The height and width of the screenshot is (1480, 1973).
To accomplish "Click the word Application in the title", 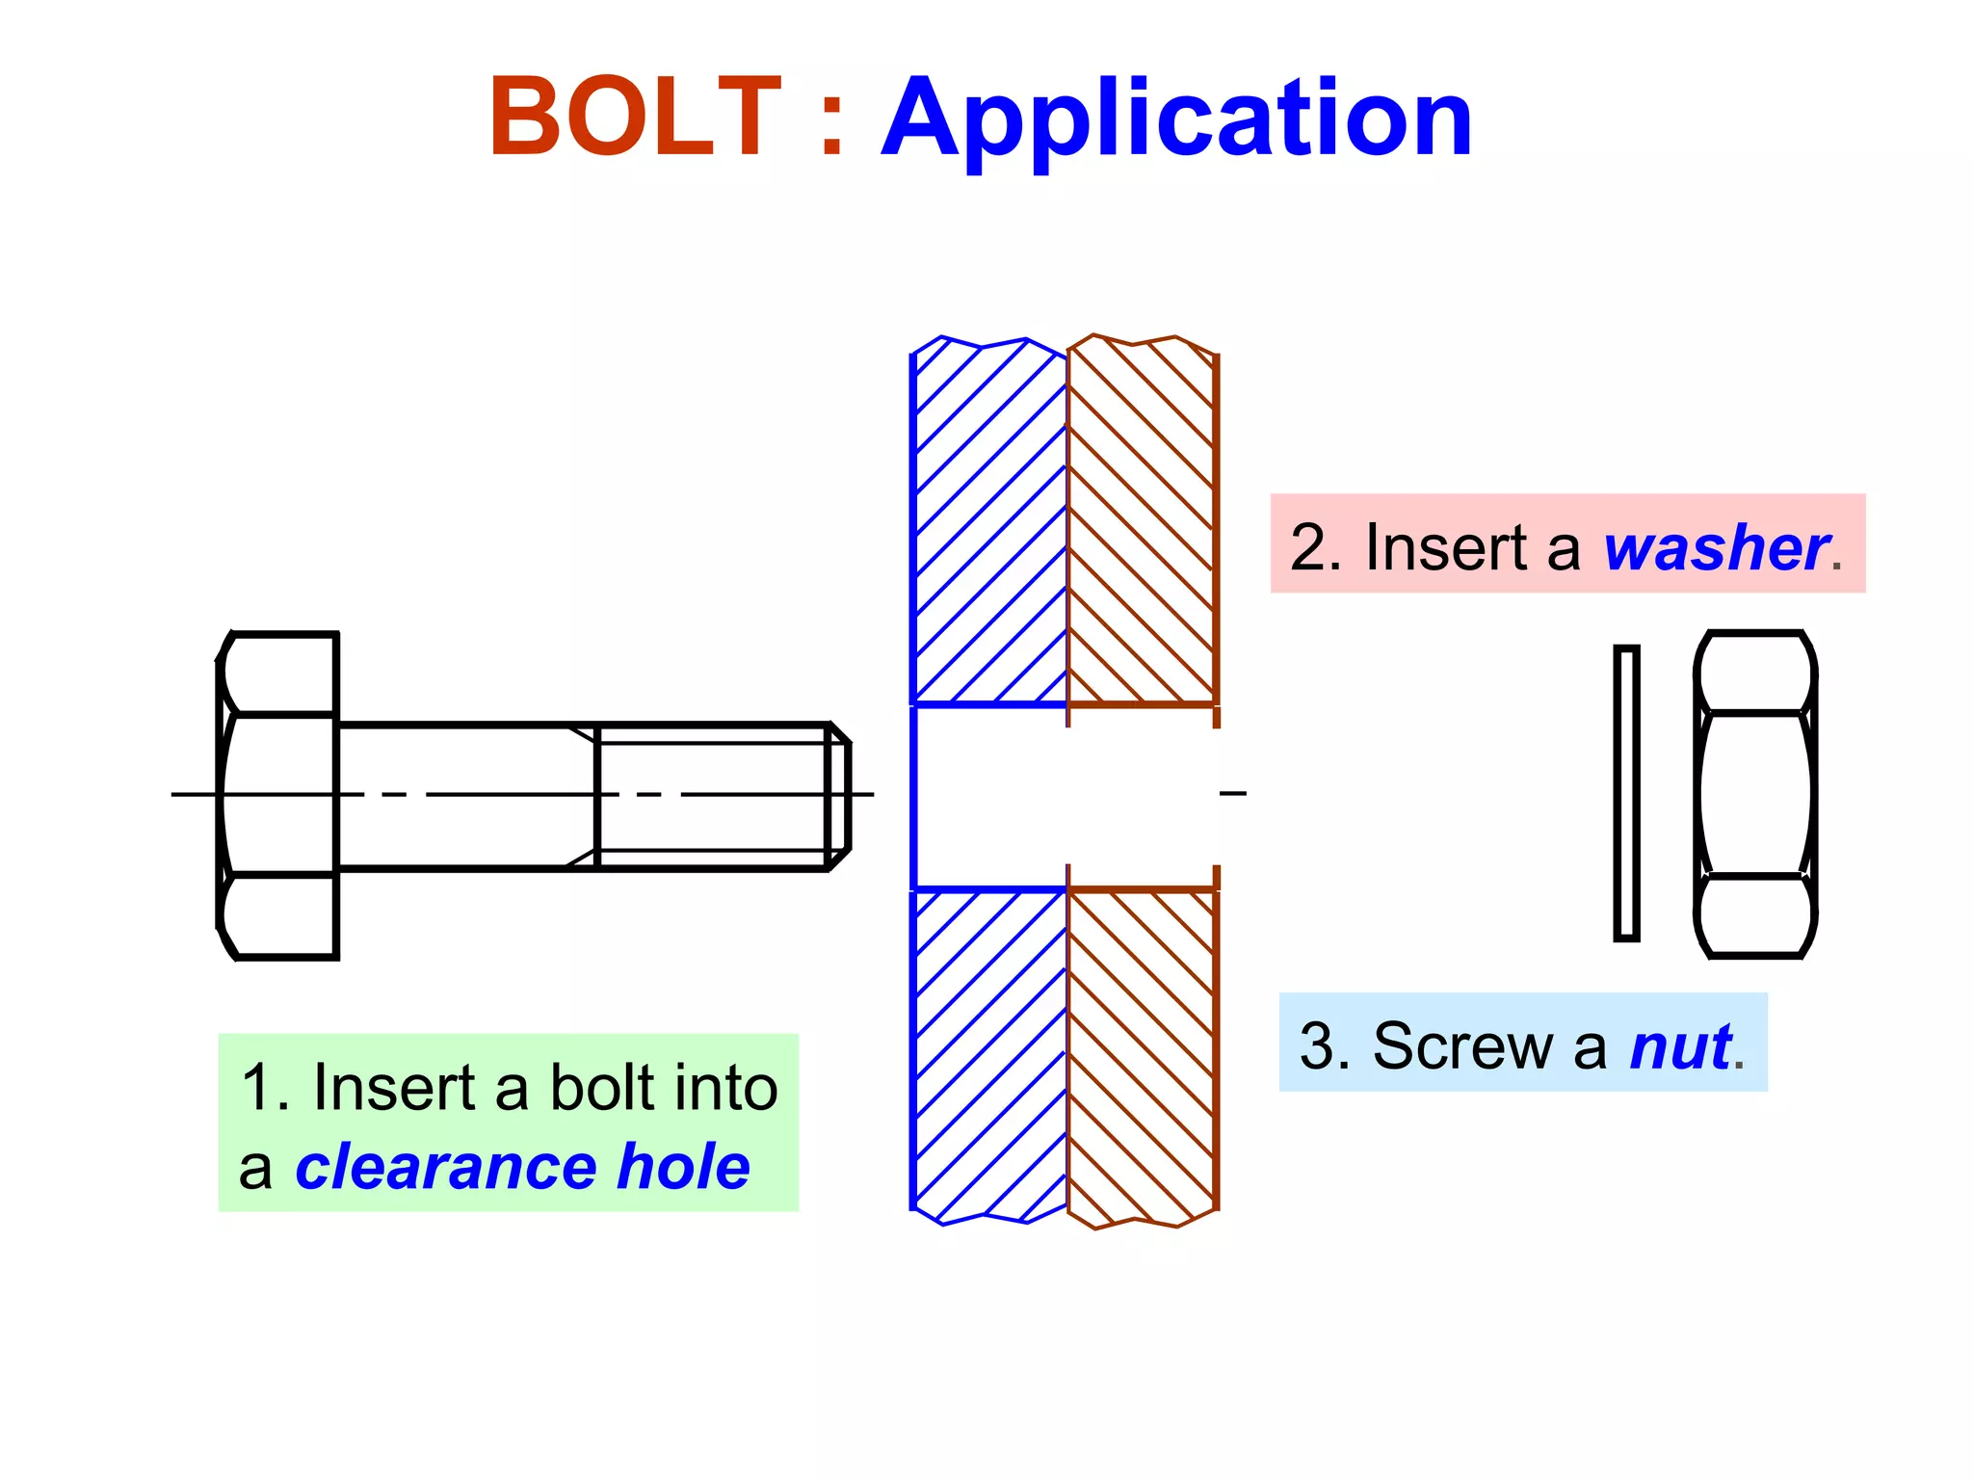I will [x=1176, y=119].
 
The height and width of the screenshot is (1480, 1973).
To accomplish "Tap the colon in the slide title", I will [x=831, y=120].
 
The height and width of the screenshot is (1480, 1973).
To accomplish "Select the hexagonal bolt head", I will [x=278, y=796].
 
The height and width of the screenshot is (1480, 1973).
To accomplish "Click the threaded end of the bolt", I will [x=713, y=796].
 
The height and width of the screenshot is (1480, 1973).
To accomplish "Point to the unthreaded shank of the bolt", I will [x=462, y=796].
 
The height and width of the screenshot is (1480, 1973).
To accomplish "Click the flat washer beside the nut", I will [x=1626, y=793].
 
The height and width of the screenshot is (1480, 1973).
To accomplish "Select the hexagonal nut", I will [x=1755, y=794].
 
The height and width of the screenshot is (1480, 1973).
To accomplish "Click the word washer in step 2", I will [x=1716, y=547].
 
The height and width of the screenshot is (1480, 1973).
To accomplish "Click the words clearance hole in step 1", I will [x=521, y=1167].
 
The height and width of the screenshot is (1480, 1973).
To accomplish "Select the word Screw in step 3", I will [x=1462, y=1045].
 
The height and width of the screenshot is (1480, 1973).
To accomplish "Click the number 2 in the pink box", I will [x=1308, y=547].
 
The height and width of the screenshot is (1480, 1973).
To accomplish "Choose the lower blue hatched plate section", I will [x=988, y=1050].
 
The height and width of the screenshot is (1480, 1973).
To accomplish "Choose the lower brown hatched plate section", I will [x=1142, y=1050].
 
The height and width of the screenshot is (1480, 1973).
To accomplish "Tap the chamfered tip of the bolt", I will [x=839, y=796].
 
